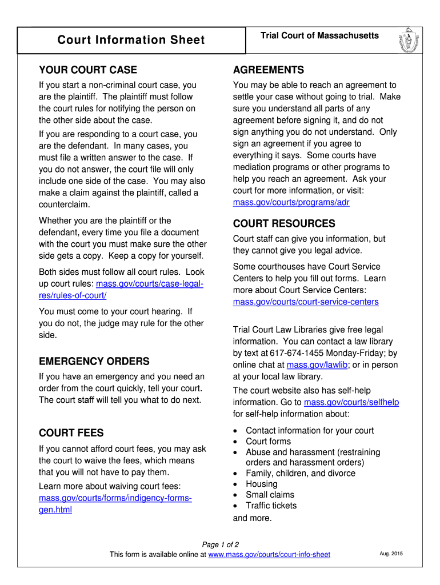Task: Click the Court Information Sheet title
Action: click(131, 40)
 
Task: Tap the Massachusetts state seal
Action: click(407, 40)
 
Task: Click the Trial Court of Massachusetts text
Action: click(319, 36)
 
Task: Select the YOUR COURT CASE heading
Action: click(88, 70)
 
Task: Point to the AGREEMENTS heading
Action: click(269, 70)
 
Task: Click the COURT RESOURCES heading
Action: click(284, 223)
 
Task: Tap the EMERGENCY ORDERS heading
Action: click(94, 361)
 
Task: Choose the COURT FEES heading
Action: click(71, 433)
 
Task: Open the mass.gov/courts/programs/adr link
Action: click(291, 202)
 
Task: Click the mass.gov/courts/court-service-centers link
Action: click(306, 302)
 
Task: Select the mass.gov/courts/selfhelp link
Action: click(351, 402)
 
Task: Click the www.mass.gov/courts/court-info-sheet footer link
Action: click(269, 555)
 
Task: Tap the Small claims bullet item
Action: click(270, 495)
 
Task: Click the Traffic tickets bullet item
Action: click(271, 506)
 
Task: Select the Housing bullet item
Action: click(262, 484)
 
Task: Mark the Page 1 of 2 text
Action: click(221, 544)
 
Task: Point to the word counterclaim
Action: click(65, 205)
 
